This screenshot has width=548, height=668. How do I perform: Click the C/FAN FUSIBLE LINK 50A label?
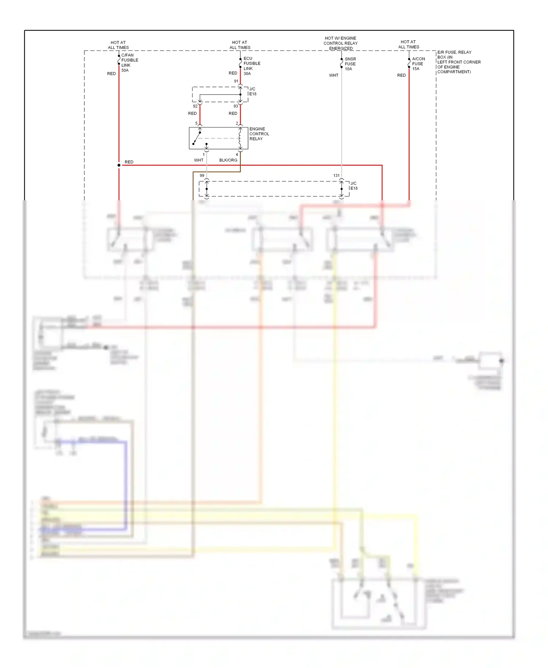coord(129,62)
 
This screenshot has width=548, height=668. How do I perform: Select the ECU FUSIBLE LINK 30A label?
coord(251,66)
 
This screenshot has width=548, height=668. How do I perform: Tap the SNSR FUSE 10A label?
coord(350,64)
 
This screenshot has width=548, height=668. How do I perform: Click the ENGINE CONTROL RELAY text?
coord(259,134)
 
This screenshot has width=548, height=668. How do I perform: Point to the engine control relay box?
coord(218,138)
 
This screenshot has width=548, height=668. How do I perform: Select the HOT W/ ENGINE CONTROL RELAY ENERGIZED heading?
coord(340,43)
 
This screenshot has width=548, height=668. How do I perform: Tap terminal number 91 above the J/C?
coord(236,81)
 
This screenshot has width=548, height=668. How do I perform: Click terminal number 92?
coord(195,106)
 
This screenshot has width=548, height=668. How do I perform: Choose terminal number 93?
coord(236,106)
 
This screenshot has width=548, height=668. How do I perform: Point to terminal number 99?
coord(202,175)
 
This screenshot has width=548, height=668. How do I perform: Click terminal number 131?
coord(336,175)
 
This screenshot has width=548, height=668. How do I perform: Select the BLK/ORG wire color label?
coord(228,160)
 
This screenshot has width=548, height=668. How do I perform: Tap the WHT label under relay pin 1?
coord(198,160)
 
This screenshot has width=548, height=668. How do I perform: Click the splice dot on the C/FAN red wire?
coord(119,165)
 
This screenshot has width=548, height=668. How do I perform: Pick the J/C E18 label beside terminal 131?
coord(354,186)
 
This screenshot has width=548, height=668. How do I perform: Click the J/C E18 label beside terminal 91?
coord(252,91)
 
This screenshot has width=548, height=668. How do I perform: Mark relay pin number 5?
coord(196,123)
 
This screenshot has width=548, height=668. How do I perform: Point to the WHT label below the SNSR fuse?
coord(333,75)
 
